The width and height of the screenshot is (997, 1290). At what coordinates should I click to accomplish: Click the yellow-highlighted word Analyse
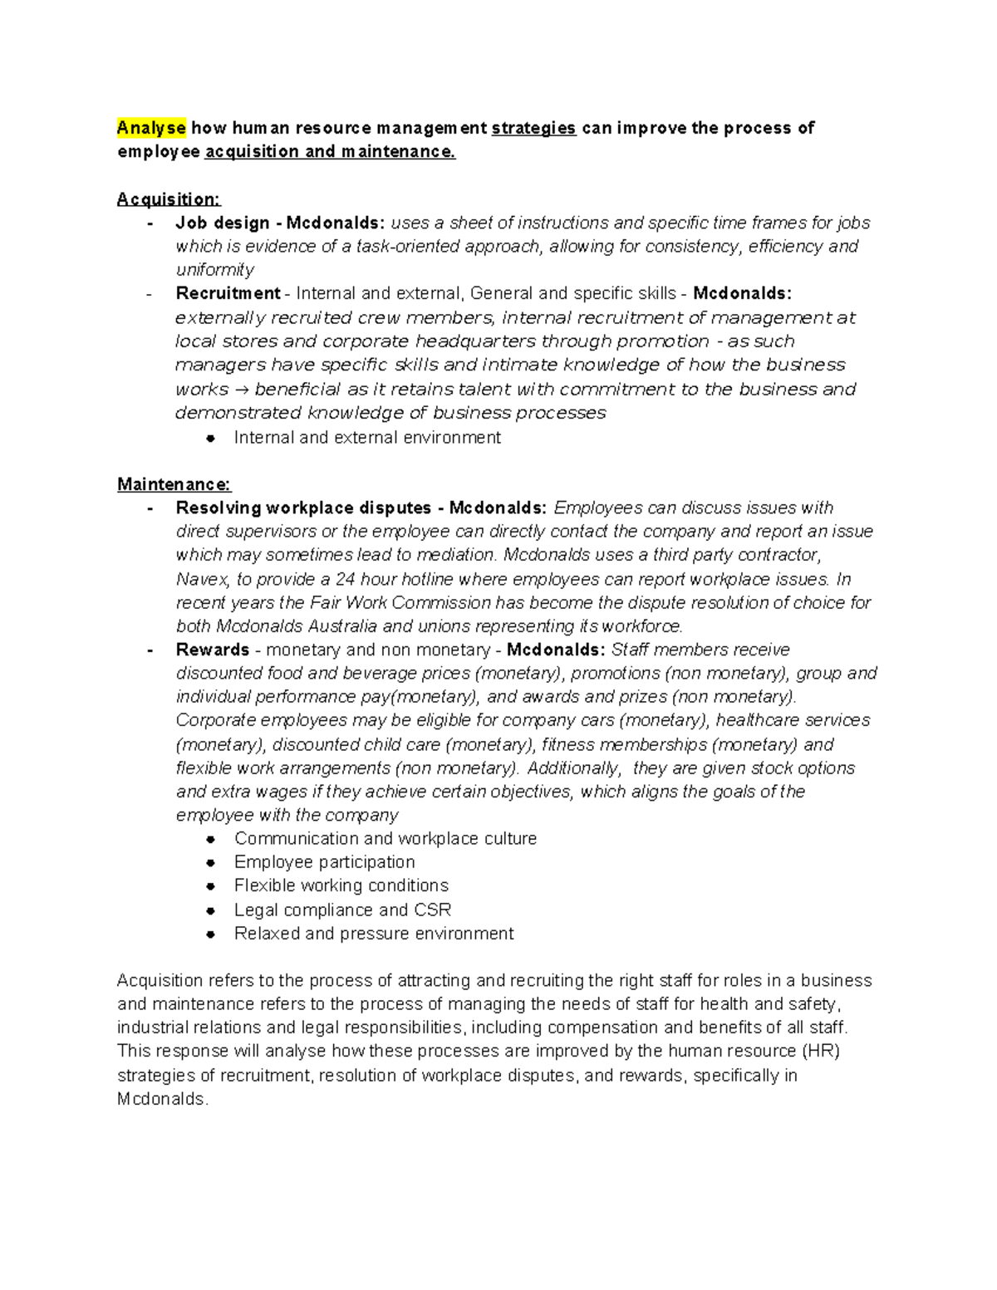point(152,128)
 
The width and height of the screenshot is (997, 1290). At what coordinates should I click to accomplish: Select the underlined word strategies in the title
point(533,128)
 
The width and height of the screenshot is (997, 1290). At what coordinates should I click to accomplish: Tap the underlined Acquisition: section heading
point(169,199)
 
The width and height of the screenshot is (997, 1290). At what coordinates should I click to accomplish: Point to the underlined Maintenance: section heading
point(174,484)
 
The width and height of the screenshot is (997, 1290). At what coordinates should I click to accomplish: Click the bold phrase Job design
point(223,223)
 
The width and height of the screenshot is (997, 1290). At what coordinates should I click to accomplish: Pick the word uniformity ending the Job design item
point(215,270)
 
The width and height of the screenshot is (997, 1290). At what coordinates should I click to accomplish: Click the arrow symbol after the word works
point(242,390)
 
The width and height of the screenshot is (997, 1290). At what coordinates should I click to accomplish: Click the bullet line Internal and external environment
point(367,438)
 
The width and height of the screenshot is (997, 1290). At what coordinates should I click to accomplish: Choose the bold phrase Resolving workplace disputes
point(303,508)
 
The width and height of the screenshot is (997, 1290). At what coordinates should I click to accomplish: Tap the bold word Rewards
point(213,650)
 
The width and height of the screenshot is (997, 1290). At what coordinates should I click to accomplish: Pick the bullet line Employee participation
point(324,862)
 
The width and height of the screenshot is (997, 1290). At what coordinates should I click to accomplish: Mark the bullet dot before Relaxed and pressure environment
point(211,934)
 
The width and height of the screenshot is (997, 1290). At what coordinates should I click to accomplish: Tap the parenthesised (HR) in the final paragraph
point(822,1051)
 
